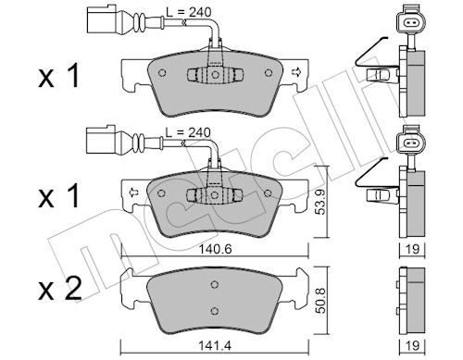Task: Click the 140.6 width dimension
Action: pyautogui.click(x=215, y=249)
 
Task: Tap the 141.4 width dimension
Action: pyautogui.click(x=215, y=346)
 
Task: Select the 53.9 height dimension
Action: pyautogui.click(x=321, y=202)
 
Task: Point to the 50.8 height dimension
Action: pyautogui.click(x=321, y=301)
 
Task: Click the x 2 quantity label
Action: pyautogui.click(x=60, y=289)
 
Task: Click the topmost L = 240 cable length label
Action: pyautogui.click(x=189, y=12)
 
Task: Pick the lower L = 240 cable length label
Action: pyautogui.click(x=188, y=132)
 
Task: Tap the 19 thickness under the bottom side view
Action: pyautogui.click(x=412, y=346)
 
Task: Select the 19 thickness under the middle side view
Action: pyautogui.click(x=412, y=249)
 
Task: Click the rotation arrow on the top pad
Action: pyautogui.click(x=296, y=72)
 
